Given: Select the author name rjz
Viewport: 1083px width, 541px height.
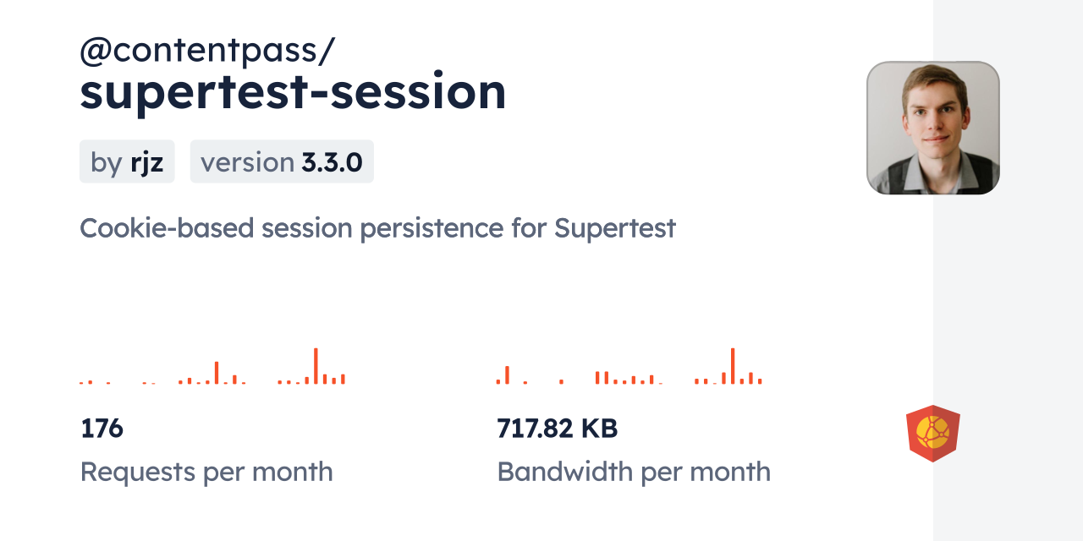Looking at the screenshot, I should tap(146, 162).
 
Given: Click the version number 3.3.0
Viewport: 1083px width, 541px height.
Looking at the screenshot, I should tap(332, 162).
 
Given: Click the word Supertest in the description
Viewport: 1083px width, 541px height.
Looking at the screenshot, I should tap(615, 228).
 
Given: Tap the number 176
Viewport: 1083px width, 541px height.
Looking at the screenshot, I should tap(102, 429).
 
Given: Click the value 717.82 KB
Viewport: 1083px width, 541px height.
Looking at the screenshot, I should tap(557, 429).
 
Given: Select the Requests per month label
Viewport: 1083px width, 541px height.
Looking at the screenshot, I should tap(206, 472).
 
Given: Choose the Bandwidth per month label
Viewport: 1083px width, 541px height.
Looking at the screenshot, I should tap(634, 472).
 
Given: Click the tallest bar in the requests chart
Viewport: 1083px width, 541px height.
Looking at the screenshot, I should tap(316, 366).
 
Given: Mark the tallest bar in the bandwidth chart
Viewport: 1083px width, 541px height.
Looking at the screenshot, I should tap(732, 366).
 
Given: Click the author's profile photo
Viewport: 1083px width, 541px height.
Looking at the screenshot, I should tap(932, 128).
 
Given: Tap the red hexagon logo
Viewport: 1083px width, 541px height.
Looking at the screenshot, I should tap(932, 434).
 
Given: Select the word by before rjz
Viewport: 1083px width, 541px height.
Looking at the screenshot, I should tap(106, 162).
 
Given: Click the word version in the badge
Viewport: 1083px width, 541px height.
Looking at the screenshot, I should tap(247, 162).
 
